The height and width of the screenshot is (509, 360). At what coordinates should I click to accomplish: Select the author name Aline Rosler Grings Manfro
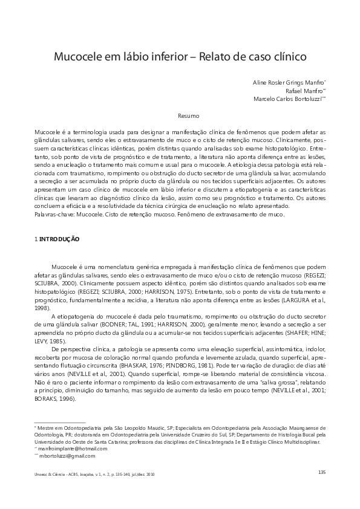[288, 81]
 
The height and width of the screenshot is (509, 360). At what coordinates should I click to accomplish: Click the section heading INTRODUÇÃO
[59, 239]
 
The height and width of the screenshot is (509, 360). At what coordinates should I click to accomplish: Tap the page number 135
[321, 472]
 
